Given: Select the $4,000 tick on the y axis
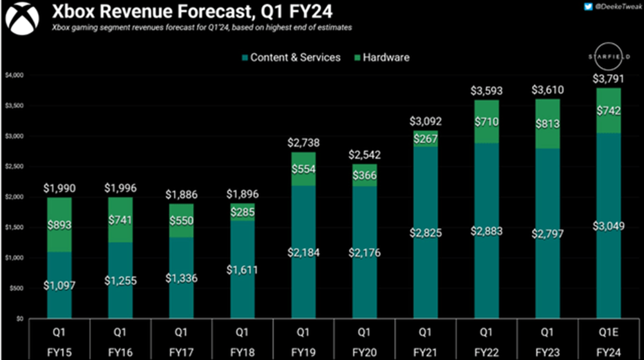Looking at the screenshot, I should coord(14,75).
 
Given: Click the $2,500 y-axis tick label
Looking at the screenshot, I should coord(14,167).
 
